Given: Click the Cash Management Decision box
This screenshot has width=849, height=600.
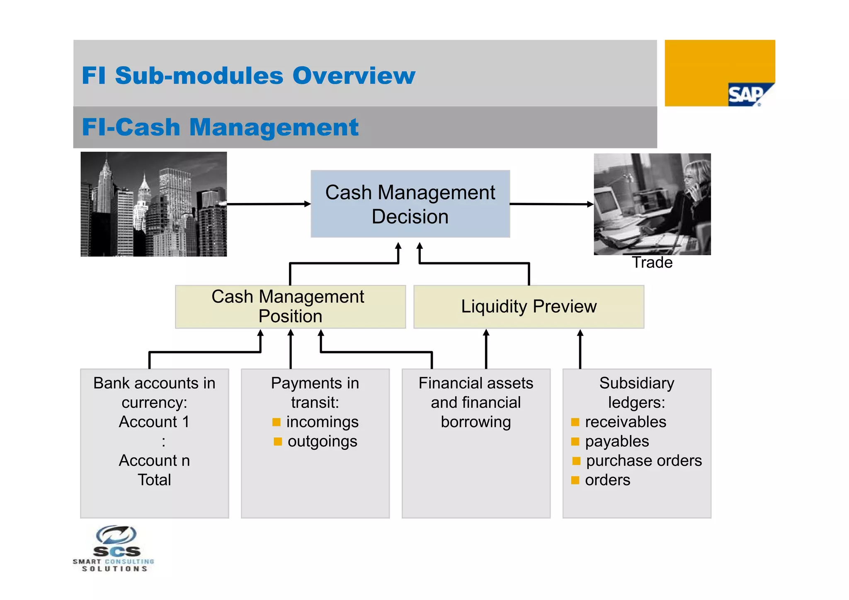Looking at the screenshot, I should click(410, 204).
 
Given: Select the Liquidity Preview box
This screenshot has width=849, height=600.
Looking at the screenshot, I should click(529, 307).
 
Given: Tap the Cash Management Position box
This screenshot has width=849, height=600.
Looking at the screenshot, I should click(290, 307).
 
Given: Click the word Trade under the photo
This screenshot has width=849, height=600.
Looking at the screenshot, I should click(652, 263).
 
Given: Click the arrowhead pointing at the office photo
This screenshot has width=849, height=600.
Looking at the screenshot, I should click(590, 204).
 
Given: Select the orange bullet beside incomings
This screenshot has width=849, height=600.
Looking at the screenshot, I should click(277, 422).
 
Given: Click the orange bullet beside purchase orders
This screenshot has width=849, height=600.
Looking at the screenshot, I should click(576, 461).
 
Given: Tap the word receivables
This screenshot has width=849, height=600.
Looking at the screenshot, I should click(625, 422).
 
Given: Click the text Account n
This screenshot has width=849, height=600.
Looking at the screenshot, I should click(154, 461).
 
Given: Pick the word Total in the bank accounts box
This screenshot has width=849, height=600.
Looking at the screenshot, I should click(154, 480).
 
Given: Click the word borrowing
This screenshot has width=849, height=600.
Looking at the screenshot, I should click(475, 422).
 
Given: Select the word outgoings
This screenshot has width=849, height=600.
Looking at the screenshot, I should click(322, 441).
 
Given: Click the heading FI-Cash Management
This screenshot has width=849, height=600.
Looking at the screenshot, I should click(220, 127).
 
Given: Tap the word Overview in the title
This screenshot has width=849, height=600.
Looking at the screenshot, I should click(354, 76).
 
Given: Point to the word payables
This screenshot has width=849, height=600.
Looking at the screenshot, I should click(616, 441).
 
